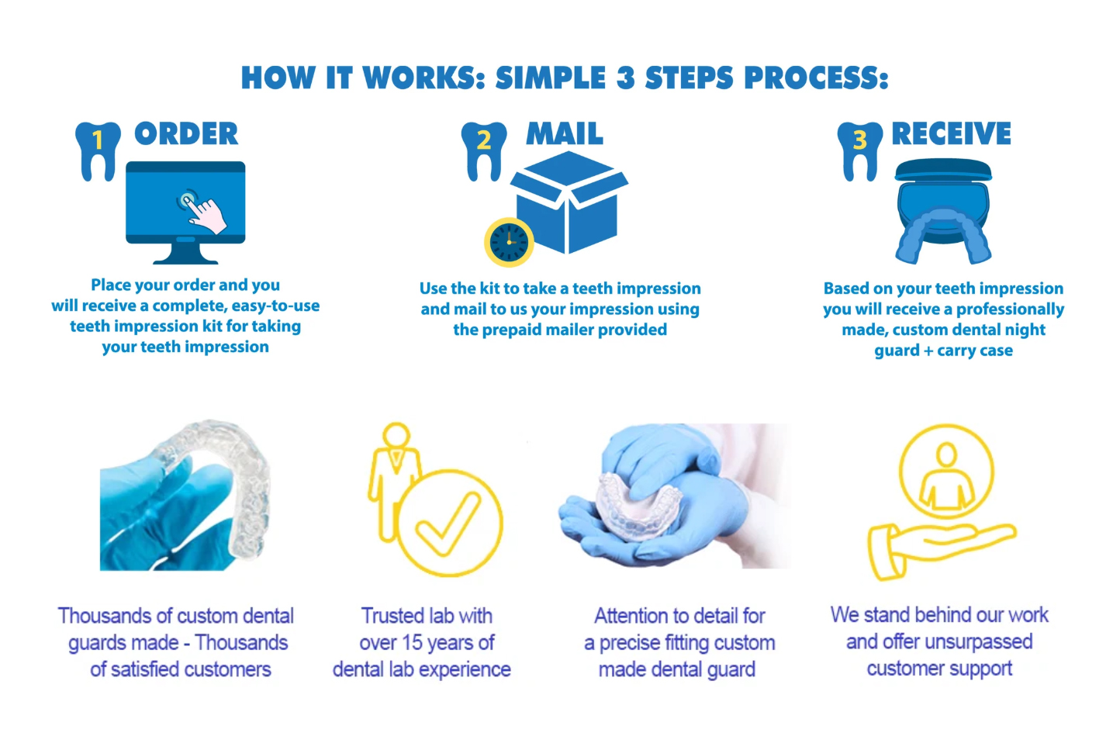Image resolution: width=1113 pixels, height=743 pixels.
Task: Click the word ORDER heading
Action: click(186, 133)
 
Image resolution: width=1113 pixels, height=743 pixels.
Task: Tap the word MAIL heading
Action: click(565, 133)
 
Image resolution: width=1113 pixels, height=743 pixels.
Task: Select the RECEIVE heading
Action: click(951, 133)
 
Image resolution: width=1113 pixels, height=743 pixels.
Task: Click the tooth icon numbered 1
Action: click(98, 151)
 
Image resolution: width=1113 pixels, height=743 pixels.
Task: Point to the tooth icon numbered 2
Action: click(484, 151)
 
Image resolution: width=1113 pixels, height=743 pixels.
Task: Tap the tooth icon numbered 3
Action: click(860, 151)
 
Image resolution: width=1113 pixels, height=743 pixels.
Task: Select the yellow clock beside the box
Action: click(509, 242)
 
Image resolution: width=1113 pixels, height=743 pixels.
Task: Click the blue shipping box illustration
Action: click(569, 202)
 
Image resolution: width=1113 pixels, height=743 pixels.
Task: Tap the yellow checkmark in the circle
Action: click(448, 524)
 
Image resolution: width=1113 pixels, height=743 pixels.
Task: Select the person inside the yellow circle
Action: click(946, 477)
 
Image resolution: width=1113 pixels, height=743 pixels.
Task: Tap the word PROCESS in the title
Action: click(816, 78)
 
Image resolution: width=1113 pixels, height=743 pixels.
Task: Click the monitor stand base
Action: click(185, 259)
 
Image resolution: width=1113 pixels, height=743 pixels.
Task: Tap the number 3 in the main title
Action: click(626, 78)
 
